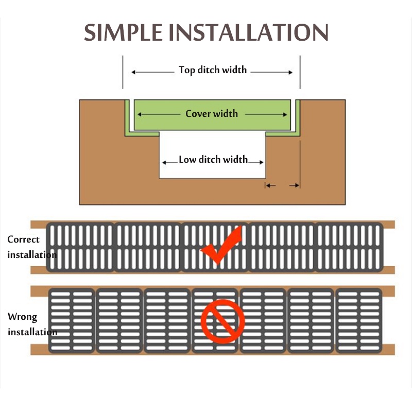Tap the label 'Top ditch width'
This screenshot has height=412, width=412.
point(212,70)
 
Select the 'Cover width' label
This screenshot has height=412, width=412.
point(212,113)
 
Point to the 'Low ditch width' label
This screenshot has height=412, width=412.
point(213,160)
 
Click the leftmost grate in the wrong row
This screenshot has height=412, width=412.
point(72,320)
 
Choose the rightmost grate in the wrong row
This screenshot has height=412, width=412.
point(359,320)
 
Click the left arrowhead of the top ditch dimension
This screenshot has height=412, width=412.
point(134,72)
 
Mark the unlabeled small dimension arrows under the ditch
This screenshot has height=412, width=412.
point(282,185)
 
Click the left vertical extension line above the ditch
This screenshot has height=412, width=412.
point(123,72)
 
